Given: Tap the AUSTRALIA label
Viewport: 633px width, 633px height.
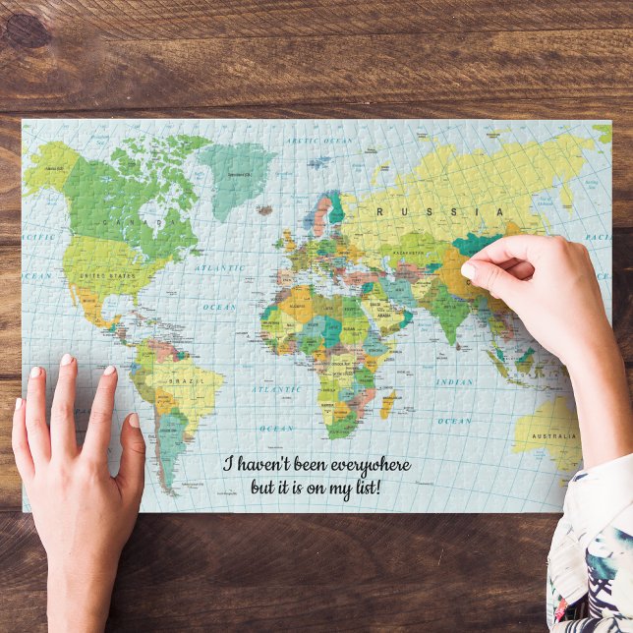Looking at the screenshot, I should (x=553, y=435).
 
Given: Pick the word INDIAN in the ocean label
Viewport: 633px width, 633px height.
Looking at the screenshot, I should (x=453, y=381).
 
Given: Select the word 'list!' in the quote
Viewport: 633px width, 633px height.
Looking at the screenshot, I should (x=361, y=487).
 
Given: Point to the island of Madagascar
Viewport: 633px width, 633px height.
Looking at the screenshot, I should (x=387, y=403).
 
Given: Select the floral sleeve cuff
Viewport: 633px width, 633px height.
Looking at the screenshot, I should (x=590, y=550).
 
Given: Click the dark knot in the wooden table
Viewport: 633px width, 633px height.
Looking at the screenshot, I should (x=27, y=30).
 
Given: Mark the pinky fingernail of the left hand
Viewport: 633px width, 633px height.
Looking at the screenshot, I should (x=18, y=404).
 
